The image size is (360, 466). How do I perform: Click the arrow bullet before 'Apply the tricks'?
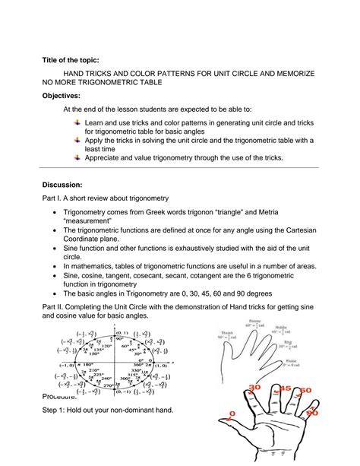[77, 140]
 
